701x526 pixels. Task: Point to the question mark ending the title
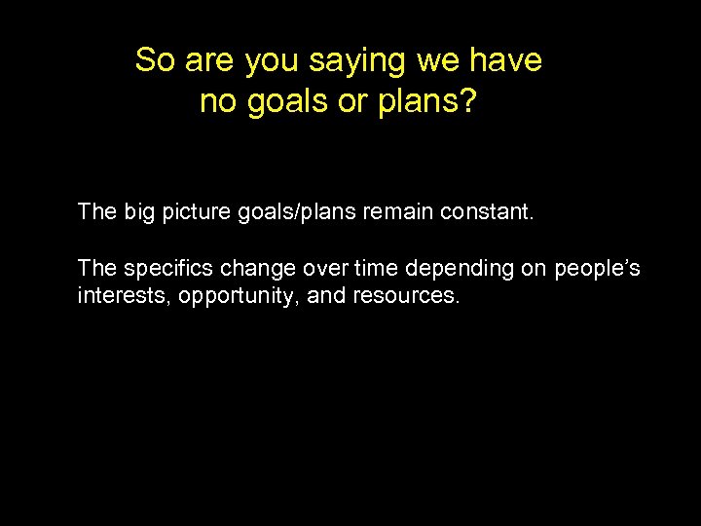point(469,101)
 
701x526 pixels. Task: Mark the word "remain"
point(403,211)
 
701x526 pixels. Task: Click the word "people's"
point(598,269)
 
